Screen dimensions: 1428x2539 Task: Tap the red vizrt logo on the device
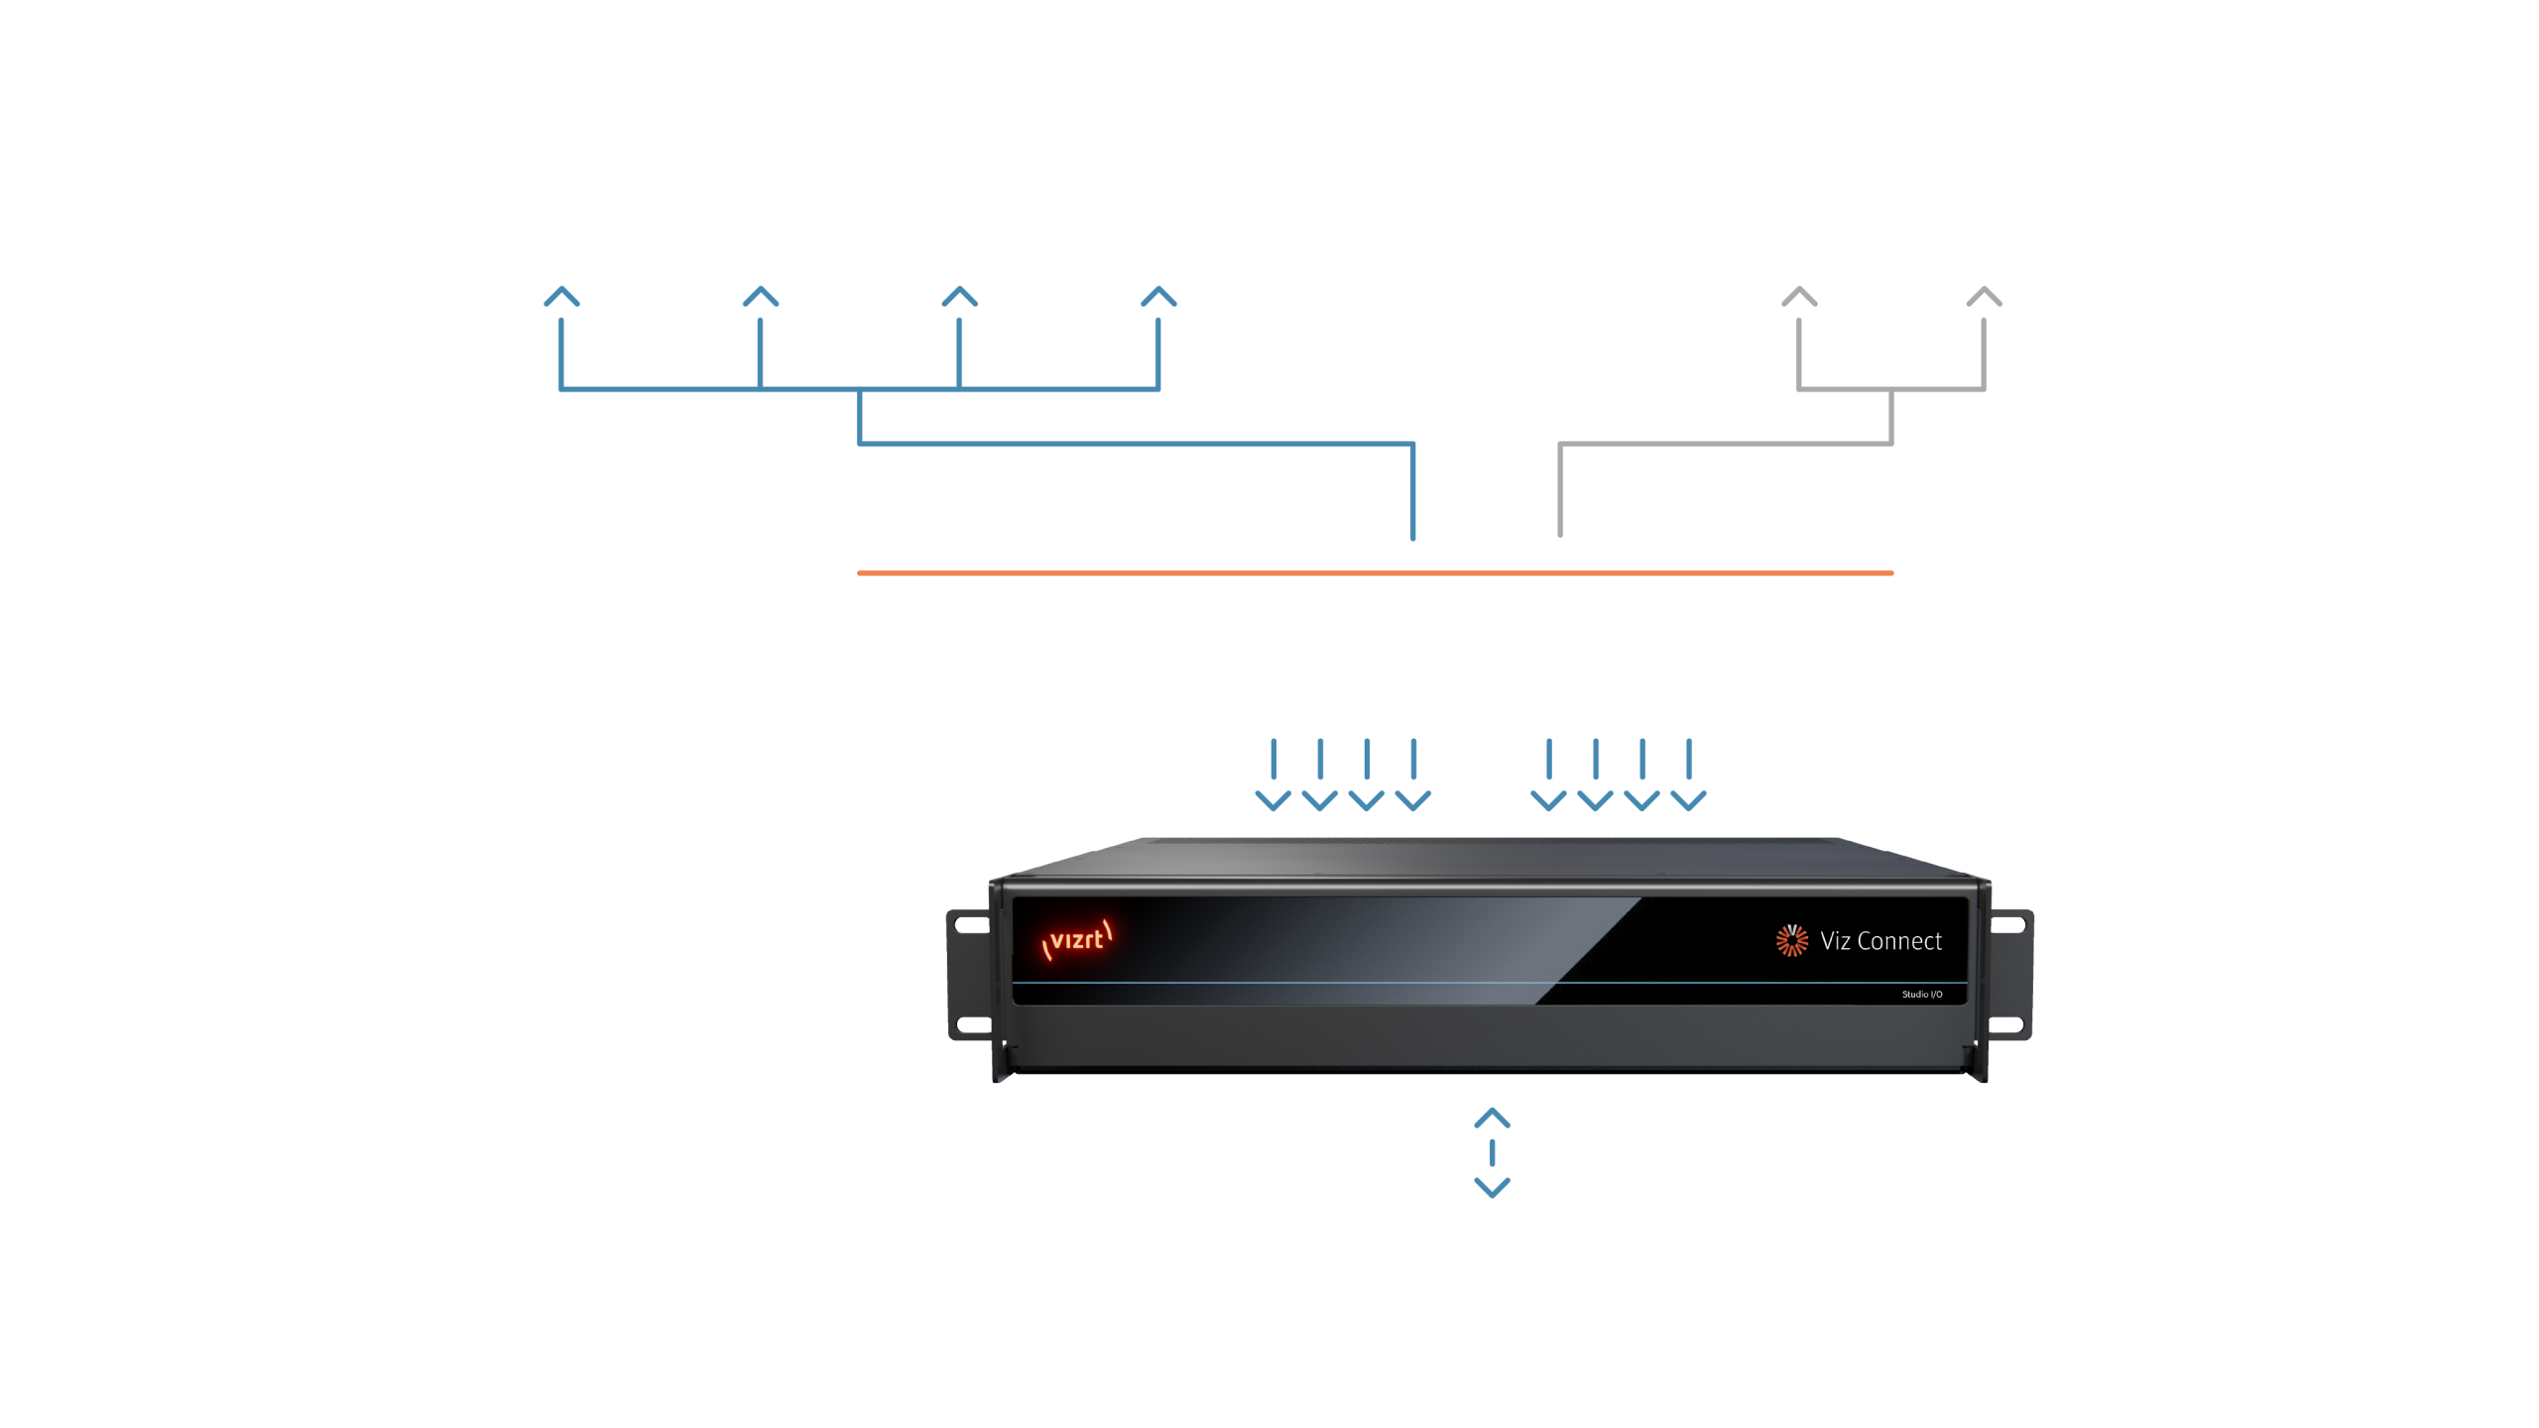(1077, 939)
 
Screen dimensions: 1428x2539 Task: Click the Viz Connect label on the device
(1880, 941)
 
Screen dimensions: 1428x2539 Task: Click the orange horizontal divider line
(1375, 573)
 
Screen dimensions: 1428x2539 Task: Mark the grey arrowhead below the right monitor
(1985, 297)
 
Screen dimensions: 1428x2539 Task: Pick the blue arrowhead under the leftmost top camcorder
(561, 297)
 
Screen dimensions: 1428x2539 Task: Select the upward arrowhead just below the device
(1493, 1119)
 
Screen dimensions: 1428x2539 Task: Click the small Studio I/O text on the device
(1921, 995)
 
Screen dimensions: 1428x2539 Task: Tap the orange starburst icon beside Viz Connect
(1791, 940)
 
